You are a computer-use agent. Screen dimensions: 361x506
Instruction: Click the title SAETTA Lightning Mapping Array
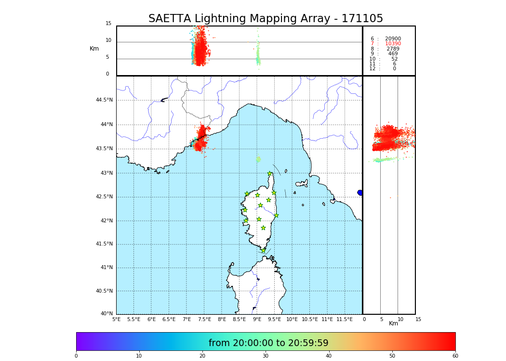pyautogui.click(x=266, y=19)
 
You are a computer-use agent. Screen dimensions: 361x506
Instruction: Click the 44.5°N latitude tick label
pyautogui.click(x=104, y=100)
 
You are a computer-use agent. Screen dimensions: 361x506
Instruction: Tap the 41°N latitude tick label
pyautogui.click(x=107, y=268)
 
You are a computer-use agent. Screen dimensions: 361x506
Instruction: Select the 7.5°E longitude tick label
pyautogui.click(x=204, y=319)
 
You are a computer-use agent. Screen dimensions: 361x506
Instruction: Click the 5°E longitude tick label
pyautogui.click(x=116, y=319)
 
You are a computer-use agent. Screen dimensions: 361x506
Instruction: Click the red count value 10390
pyautogui.click(x=393, y=44)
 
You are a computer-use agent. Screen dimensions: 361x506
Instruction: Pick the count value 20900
pyautogui.click(x=393, y=39)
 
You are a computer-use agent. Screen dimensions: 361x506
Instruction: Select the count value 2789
pyautogui.click(x=393, y=49)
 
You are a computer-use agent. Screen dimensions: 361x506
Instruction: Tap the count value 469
pyautogui.click(x=393, y=54)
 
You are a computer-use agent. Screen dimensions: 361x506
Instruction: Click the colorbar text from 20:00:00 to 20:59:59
pyautogui.click(x=268, y=343)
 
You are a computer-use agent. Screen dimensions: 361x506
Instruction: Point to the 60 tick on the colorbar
pyautogui.click(x=455, y=356)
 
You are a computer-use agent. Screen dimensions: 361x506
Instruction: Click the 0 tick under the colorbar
pyautogui.click(x=76, y=356)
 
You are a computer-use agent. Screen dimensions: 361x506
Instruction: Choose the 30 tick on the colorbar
pyautogui.click(x=266, y=356)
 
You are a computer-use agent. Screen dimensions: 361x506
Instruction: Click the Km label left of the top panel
pyautogui.click(x=94, y=49)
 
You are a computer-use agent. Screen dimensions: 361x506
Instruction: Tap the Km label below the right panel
pyautogui.click(x=393, y=323)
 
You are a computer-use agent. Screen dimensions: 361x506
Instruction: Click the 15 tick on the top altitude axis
pyautogui.click(x=108, y=24)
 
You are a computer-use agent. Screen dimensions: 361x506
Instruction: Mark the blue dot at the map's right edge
pyautogui.click(x=360, y=193)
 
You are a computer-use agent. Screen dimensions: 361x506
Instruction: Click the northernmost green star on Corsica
pyautogui.click(x=270, y=174)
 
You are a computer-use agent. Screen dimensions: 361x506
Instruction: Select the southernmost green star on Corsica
pyautogui.click(x=263, y=250)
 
